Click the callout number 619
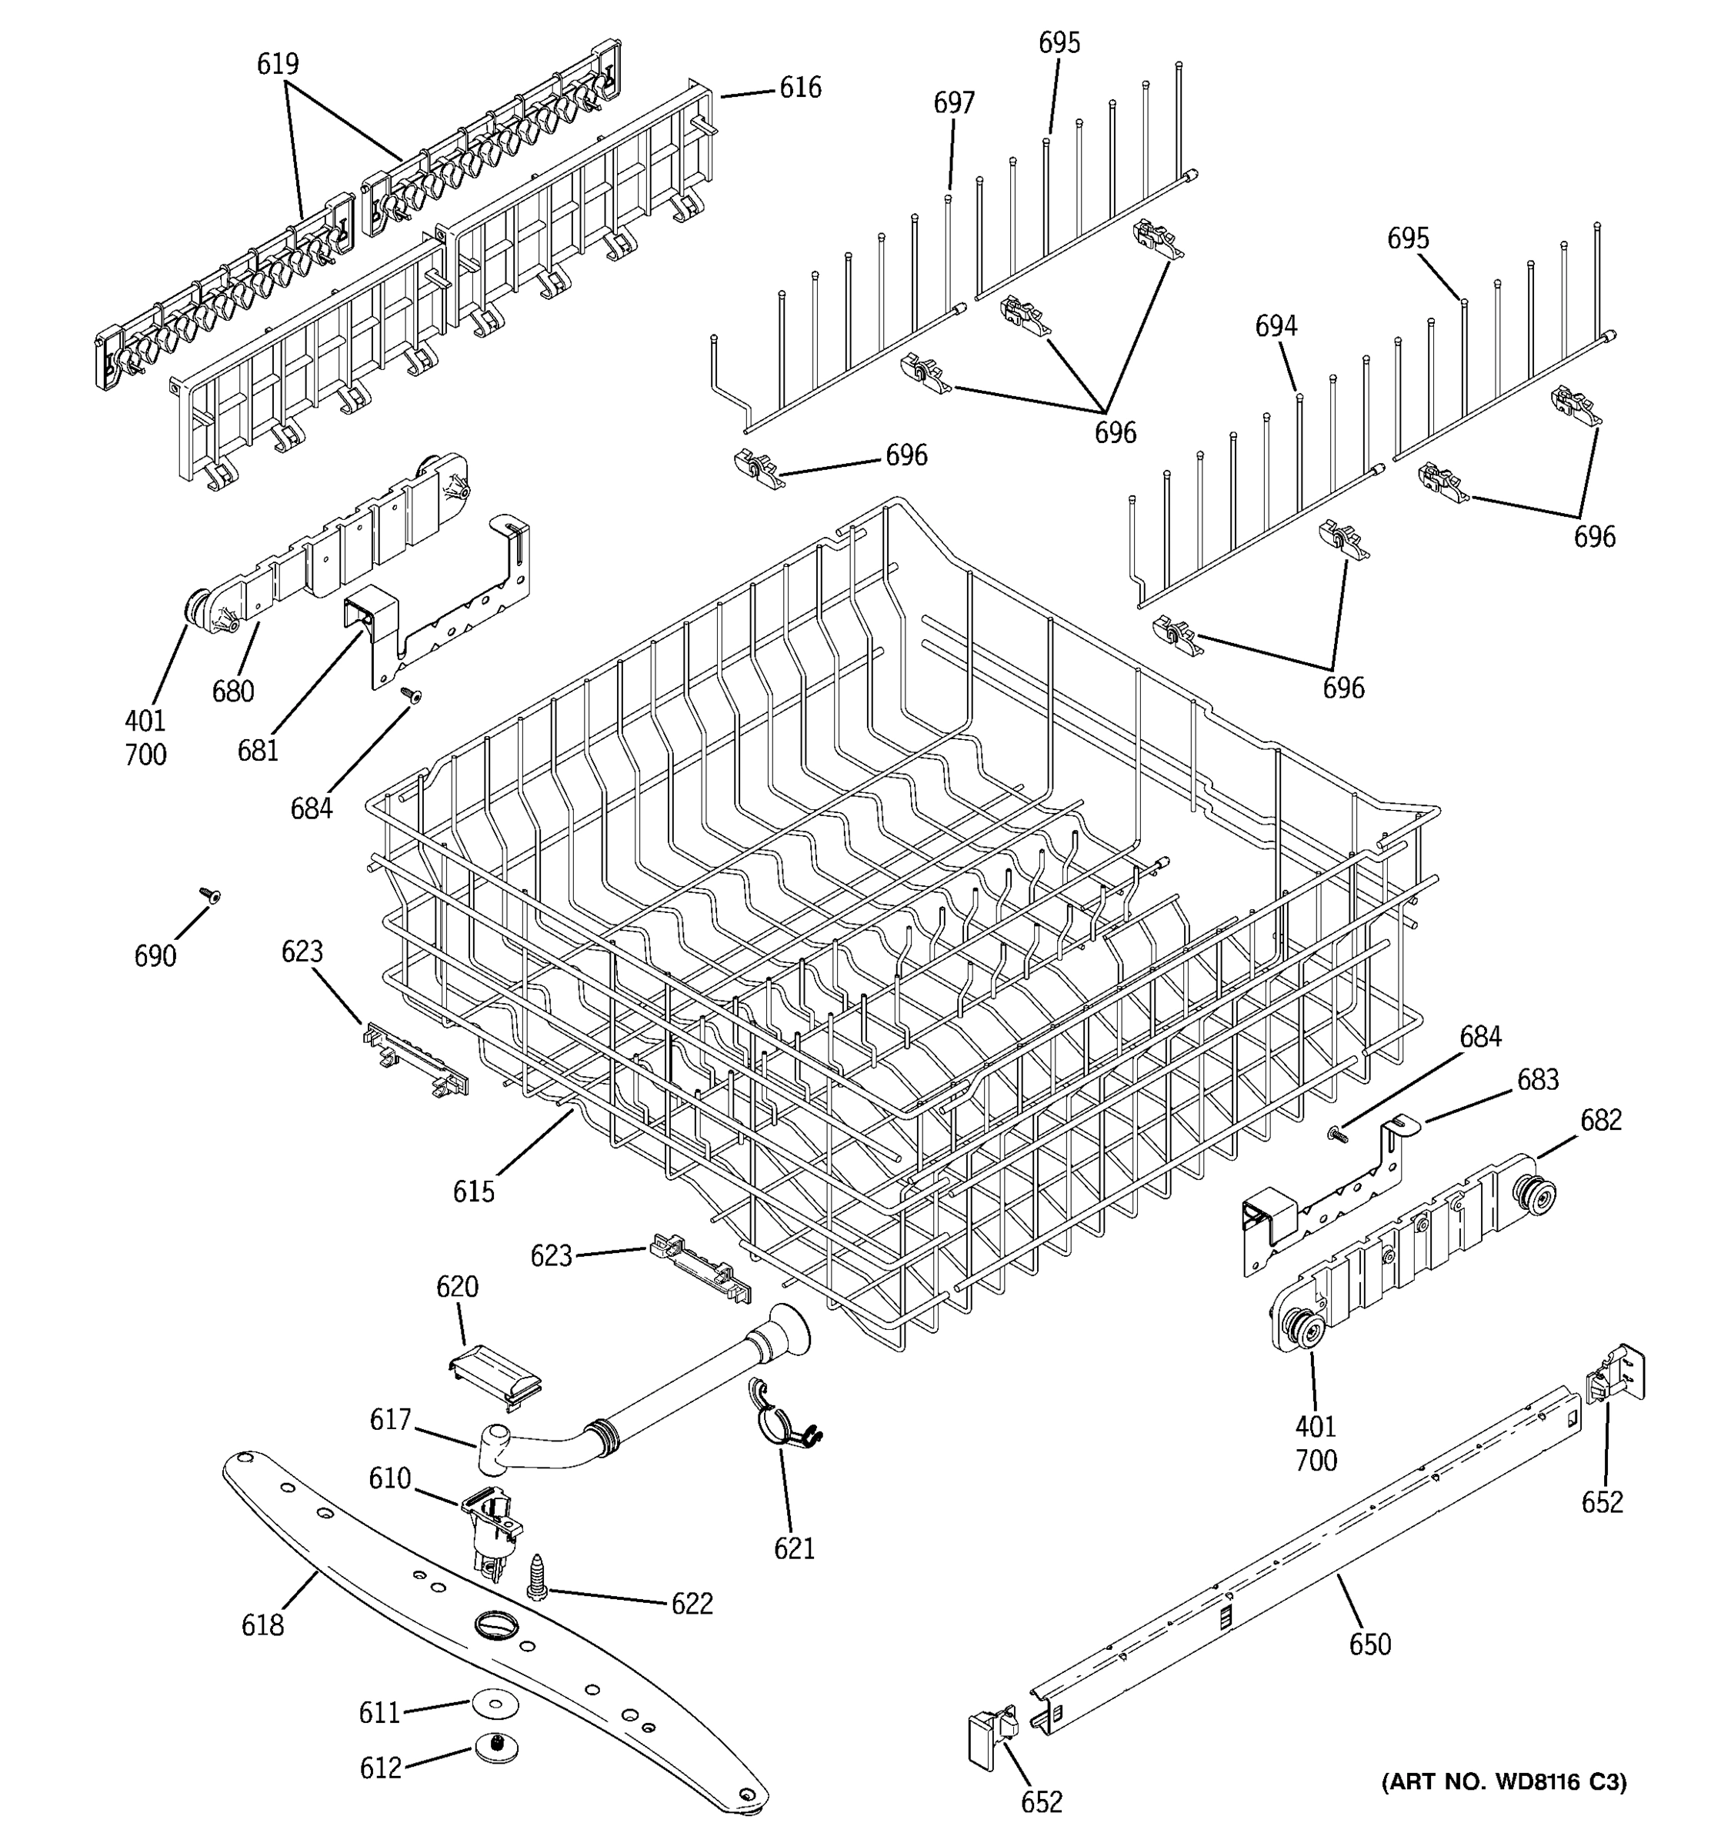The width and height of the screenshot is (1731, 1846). [x=278, y=64]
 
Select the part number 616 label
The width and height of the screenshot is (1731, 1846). [x=799, y=88]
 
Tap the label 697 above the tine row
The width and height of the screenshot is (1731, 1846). [x=954, y=103]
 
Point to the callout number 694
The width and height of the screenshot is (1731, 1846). [x=1276, y=326]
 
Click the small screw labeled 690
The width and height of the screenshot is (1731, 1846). [x=211, y=895]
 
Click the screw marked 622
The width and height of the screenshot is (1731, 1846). [x=537, y=1578]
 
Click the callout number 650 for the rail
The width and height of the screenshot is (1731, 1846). [x=1369, y=1644]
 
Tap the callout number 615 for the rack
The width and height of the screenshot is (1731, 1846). [x=474, y=1191]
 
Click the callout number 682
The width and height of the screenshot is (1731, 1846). [x=1601, y=1121]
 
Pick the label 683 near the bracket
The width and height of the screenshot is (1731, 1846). [x=1538, y=1080]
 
